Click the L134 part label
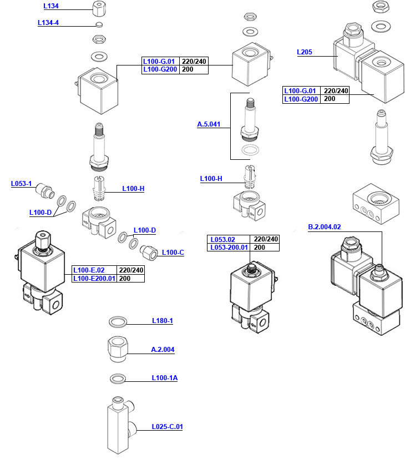tap(50, 6)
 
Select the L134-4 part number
tap(48, 23)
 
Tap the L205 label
tap(305, 53)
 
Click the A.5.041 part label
tap(209, 125)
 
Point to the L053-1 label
tap(22, 184)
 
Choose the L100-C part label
tap(173, 253)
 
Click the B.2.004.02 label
tap(325, 226)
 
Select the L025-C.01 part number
tap(167, 427)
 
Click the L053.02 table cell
tap(223, 239)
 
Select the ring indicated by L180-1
tap(118, 321)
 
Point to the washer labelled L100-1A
tap(118, 379)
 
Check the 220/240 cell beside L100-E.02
tap(131, 270)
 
